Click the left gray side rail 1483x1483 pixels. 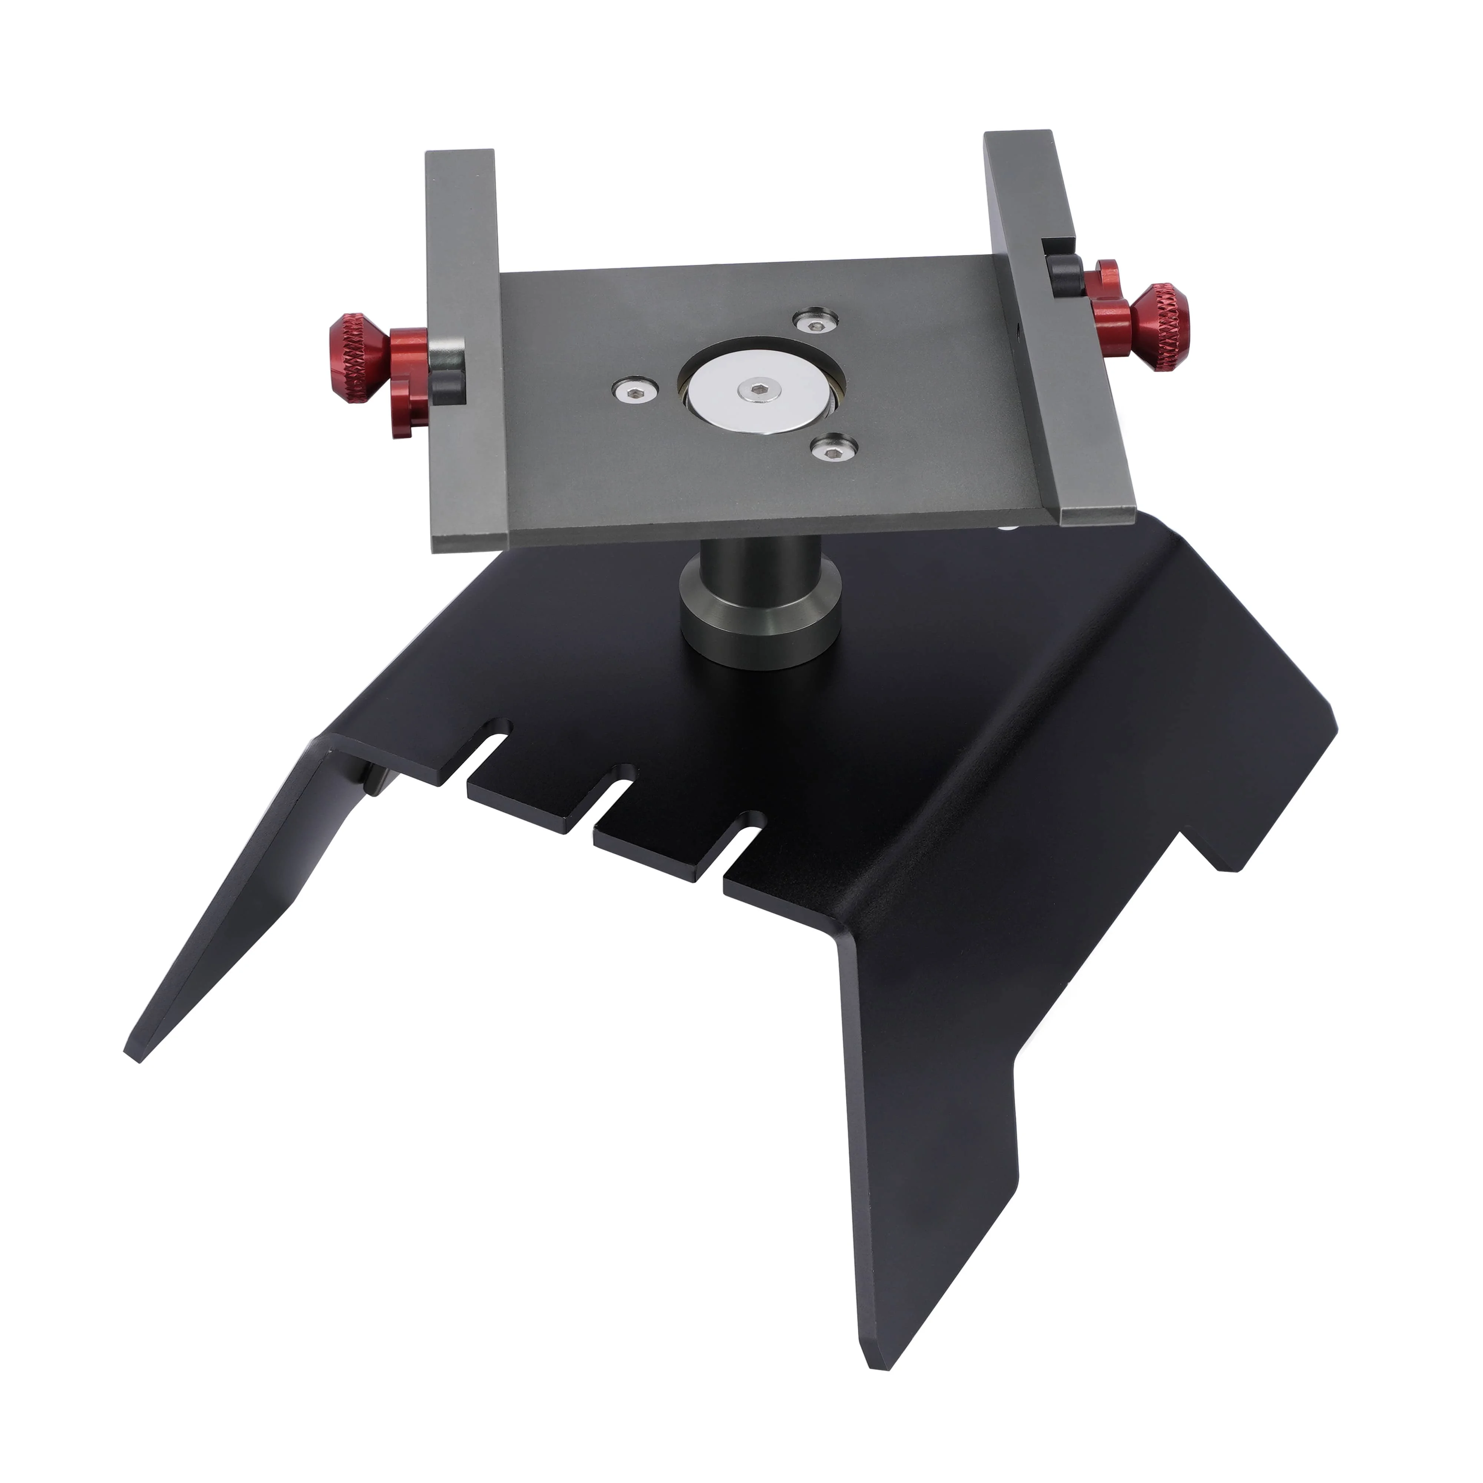[x=467, y=307]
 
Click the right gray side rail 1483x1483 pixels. [x=1051, y=307]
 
